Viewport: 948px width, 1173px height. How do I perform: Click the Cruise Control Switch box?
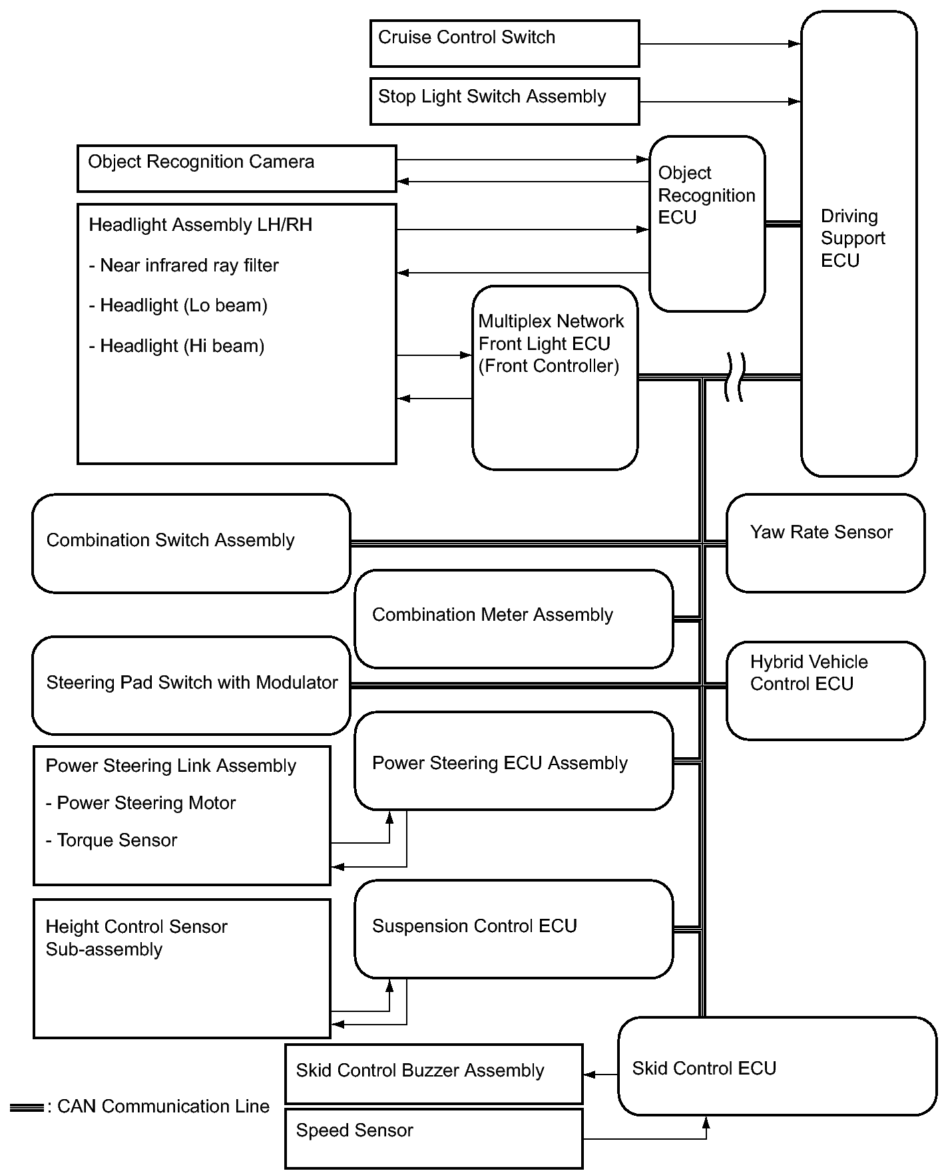click(x=505, y=43)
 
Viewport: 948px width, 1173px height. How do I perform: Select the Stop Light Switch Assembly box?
click(x=505, y=101)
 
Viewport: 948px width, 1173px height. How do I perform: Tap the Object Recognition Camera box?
click(x=237, y=168)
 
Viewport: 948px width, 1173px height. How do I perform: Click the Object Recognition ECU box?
click(x=707, y=224)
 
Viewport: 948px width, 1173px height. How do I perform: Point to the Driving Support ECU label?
click(x=853, y=238)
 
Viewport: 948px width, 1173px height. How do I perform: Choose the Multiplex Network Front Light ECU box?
click(x=555, y=378)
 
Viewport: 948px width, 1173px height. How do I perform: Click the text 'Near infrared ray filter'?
click(x=189, y=265)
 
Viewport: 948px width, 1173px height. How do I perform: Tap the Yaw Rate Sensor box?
click(x=826, y=543)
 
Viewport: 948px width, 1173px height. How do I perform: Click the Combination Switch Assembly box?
click(x=191, y=543)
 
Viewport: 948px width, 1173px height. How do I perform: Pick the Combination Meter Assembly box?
click(x=514, y=619)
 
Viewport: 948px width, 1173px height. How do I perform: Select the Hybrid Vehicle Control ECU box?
click(x=826, y=691)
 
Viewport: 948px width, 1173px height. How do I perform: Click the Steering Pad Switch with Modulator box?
click(x=191, y=685)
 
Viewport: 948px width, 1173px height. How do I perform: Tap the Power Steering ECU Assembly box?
click(x=514, y=760)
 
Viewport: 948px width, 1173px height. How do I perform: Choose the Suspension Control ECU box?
click(x=514, y=929)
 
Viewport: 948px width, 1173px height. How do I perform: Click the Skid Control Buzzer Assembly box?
click(x=434, y=1074)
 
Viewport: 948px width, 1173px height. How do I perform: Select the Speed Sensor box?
click(x=434, y=1138)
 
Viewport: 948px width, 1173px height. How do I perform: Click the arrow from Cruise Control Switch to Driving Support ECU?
click(x=720, y=44)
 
